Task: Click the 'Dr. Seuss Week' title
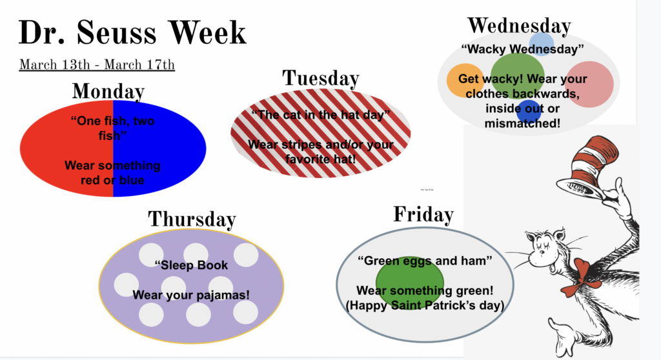132,32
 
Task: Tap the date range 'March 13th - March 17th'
97,65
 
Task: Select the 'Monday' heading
108,92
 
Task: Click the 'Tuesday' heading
321,78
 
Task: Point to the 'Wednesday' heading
520,26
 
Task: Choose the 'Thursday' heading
192,219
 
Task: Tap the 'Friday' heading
423,214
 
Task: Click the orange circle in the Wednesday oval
465,81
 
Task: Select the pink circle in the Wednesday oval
589,85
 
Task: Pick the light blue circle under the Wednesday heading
542,44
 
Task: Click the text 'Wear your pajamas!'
191,295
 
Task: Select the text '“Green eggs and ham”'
425,261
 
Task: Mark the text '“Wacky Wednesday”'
522,49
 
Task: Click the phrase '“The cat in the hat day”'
321,115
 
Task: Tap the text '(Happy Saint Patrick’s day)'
425,305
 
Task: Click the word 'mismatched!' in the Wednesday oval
522,123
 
